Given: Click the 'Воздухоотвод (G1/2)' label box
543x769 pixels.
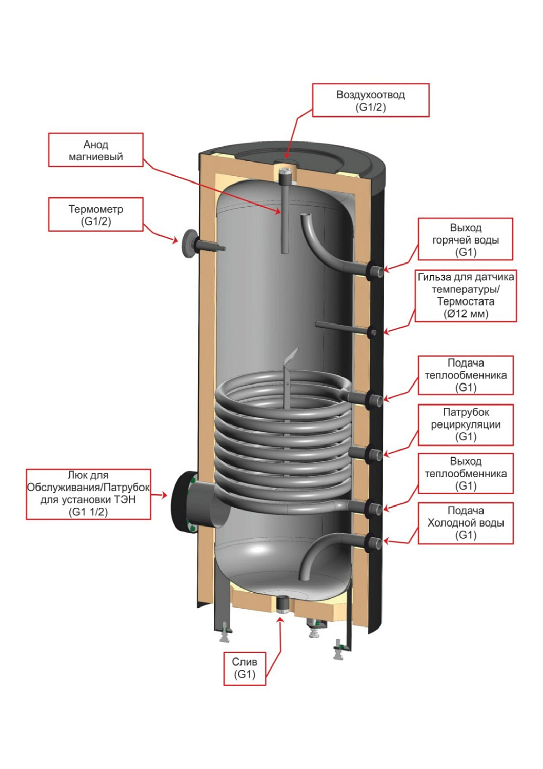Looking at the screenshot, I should tap(370, 100).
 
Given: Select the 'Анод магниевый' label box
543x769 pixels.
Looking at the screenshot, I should tap(95, 150).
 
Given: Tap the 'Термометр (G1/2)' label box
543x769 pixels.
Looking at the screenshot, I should tap(95, 215).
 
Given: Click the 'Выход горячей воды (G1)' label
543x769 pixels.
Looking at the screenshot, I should tap(465, 239).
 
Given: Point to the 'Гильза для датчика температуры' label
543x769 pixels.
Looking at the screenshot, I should tap(465, 296).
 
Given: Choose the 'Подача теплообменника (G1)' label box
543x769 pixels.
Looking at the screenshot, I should tap(465, 375).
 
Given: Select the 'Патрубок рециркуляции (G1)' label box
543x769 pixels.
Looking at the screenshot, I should tap(465, 424).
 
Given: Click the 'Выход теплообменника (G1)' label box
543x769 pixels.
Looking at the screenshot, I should tap(465, 473).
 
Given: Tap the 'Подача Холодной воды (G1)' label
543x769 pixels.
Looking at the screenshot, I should tap(465, 523).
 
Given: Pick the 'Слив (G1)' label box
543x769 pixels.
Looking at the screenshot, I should tap(244, 668).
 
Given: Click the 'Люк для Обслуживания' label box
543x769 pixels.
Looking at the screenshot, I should tap(88, 494).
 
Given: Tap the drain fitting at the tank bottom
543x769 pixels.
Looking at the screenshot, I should tap(281, 604).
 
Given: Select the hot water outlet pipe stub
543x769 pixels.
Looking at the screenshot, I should tap(374, 270).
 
